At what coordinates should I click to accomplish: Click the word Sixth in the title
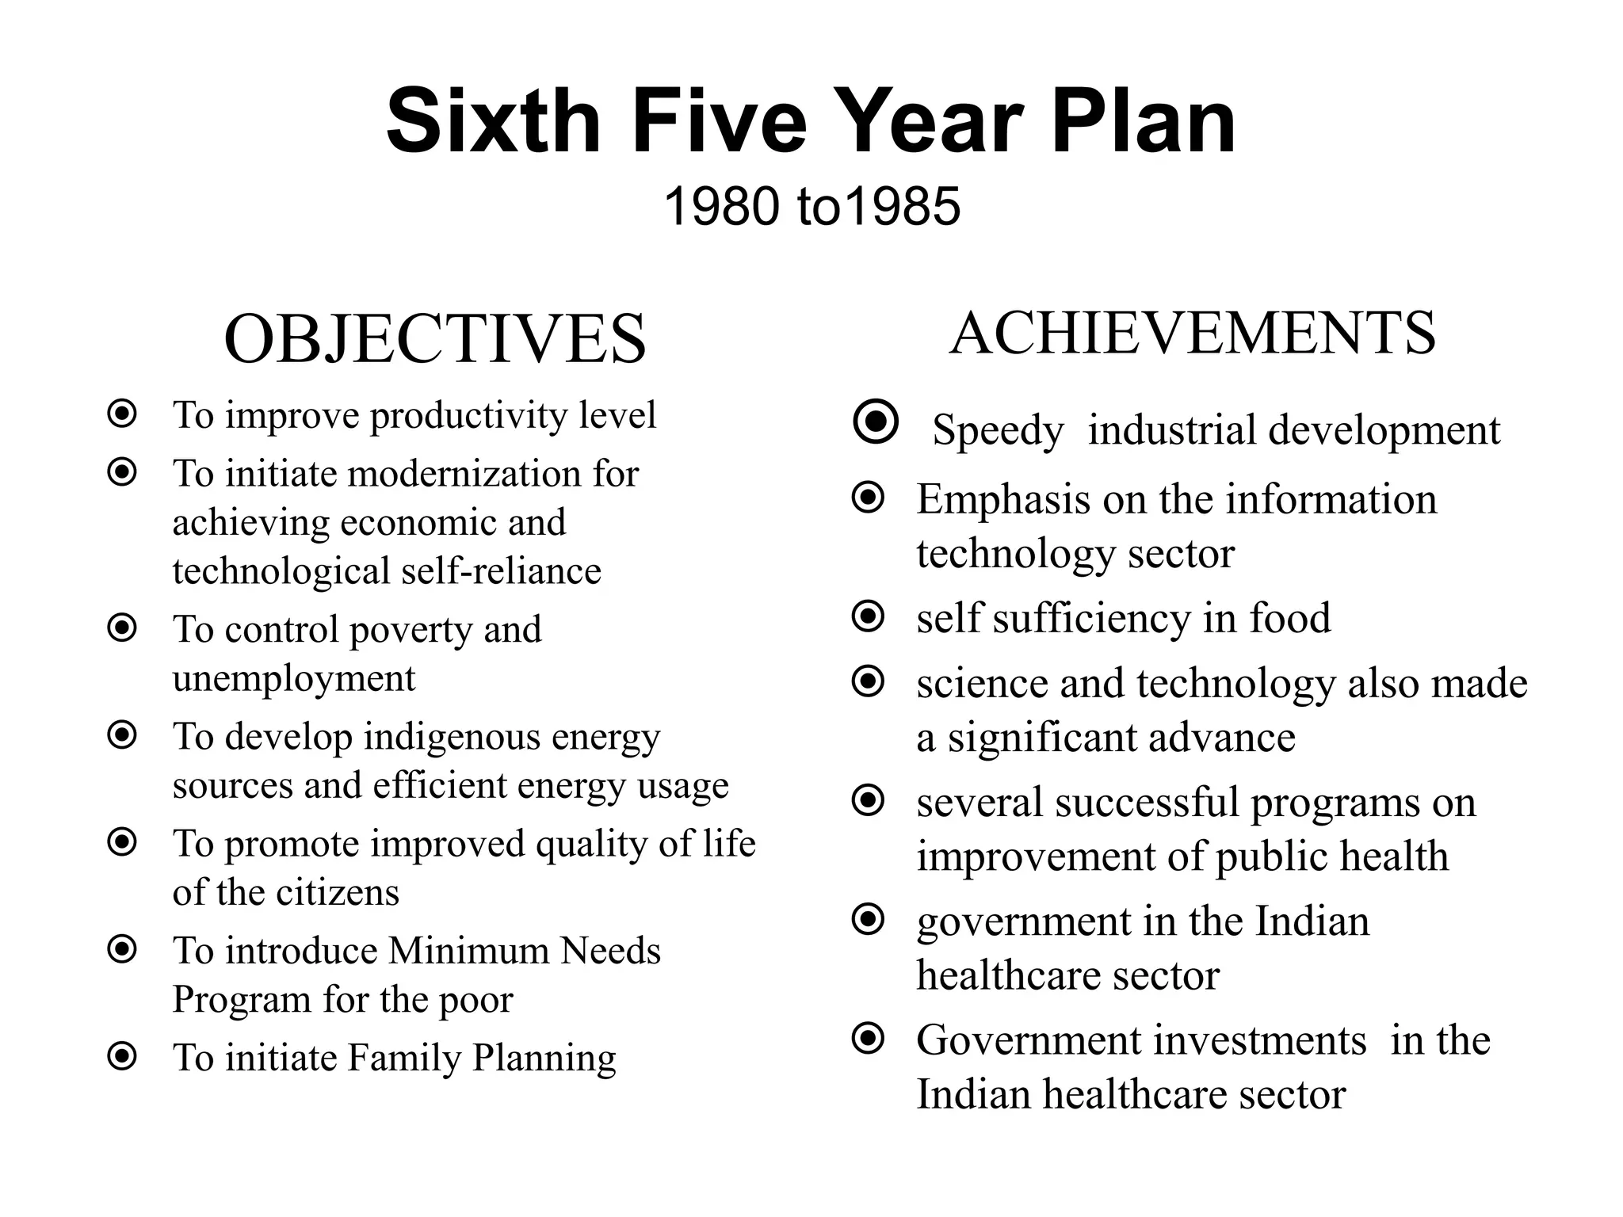pyautogui.click(x=493, y=121)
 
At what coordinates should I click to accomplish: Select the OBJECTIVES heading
pyautogui.click(x=435, y=339)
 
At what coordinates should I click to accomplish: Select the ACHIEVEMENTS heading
pyautogui.click(x=1192, y=333)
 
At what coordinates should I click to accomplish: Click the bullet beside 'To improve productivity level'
pyautogui.click(x=122, y=414)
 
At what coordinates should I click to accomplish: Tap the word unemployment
pyautogui.click(x=294, y=678)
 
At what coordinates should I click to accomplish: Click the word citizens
pyautogui.click(x=338, y=893)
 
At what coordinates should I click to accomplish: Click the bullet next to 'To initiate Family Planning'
pyautogui.click(x=122, y=1056)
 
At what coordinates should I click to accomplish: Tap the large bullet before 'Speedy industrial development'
pyautogui.click(x=876, y=422)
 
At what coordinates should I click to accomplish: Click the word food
pyautogui.click(x=1289, y=618)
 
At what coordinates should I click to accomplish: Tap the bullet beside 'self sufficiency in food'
pyautogui.click(x=868, y=616)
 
